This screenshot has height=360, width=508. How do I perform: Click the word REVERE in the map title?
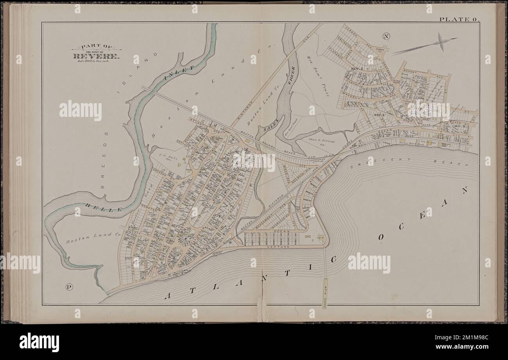95,56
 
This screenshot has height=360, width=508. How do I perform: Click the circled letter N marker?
386,37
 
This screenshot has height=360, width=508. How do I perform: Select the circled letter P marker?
69,287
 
